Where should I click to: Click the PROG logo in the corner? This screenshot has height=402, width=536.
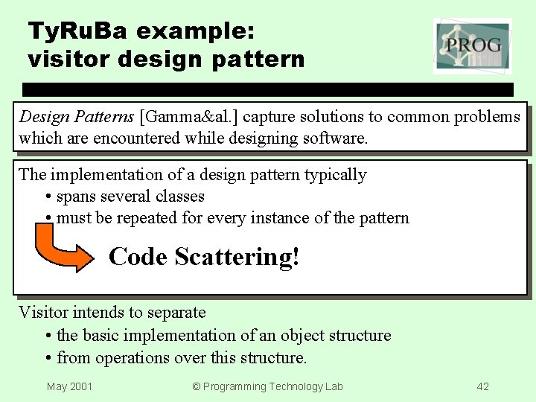pos(472,46)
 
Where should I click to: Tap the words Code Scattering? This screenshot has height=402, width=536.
pos(204,257)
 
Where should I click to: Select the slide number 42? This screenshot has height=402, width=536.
pos(482,386)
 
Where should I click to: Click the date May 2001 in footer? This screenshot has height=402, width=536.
pos(69,386)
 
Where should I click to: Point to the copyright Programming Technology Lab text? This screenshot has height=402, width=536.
pos(267,386)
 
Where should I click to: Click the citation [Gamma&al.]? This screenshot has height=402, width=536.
pos(189,117)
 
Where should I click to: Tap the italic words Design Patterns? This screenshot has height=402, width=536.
pos(76,117)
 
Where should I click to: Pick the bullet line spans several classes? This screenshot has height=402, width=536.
pos(130,197)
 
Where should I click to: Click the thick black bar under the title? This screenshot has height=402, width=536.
pos(268,89)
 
